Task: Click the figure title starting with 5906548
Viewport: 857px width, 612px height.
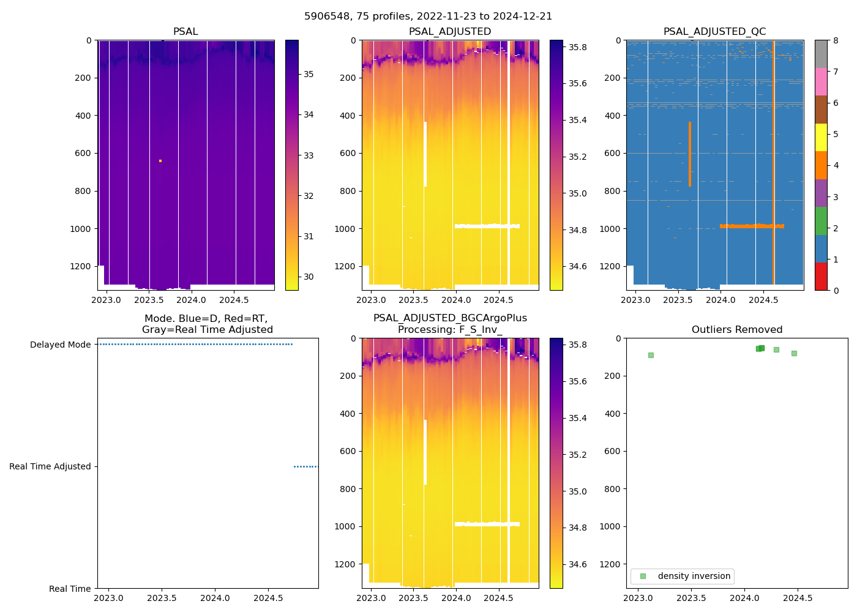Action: (x=428, y=17)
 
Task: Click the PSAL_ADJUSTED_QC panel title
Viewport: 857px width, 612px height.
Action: (x=714, y=32)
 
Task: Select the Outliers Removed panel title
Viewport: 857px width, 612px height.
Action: (x=737, y=330)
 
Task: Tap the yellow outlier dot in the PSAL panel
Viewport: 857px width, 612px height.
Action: (x=160, y=161)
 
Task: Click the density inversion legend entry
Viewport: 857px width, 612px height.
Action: (x=694, y=576)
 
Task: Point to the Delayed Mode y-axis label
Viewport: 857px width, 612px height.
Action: (x=60, y=345)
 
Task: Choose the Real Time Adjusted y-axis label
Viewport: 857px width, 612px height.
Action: (x=50, y=466)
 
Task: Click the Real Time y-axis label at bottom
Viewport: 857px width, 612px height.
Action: (x=70, y=589)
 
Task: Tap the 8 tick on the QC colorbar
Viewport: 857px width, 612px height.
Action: (x=836, y=40)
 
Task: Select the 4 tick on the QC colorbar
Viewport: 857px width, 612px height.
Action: (x=836, y=165)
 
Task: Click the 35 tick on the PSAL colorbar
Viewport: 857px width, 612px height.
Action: (x=309, y=74)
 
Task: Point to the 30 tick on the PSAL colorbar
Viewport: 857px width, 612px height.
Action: (x=309, y=277)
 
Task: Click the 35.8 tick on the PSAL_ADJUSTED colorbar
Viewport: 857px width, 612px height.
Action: (x=578, y=47)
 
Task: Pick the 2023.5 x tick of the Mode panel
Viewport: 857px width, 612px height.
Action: (x=162, y=598)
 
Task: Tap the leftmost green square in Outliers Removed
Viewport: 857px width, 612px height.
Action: (x=651, y=355)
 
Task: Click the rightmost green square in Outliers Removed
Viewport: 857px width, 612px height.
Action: (x=794, y=353)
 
